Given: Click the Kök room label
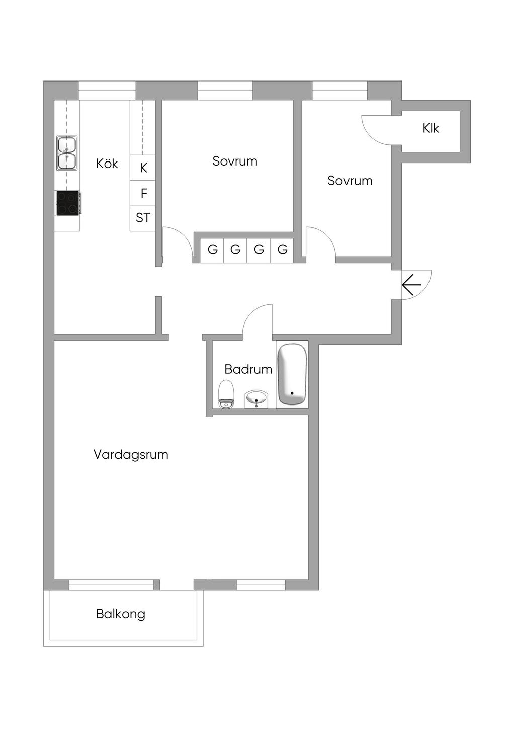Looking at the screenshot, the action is coord(107,164).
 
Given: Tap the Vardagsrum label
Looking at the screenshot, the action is coord(131,455).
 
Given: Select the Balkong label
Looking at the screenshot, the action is coord(121,614).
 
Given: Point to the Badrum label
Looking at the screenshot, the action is coord(248,369).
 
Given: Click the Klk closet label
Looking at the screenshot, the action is coord(431,128).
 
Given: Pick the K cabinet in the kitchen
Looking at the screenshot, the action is coord(143,168).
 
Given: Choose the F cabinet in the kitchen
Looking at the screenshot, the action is coord(143,193).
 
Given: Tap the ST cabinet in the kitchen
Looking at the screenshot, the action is coord(143,218).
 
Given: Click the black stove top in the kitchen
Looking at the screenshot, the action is coord(67,203).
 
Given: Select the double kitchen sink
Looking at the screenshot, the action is coord(67,153).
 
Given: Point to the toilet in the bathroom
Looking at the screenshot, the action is coord(226,394).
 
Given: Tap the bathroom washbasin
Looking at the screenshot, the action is coord(257,399).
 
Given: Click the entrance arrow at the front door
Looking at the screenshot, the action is coord(411,285).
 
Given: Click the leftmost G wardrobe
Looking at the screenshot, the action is coord(212,249).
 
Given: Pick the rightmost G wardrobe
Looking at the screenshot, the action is coord(282,249).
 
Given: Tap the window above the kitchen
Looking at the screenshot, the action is coord(107,91).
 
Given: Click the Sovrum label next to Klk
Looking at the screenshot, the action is coord(350,181).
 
